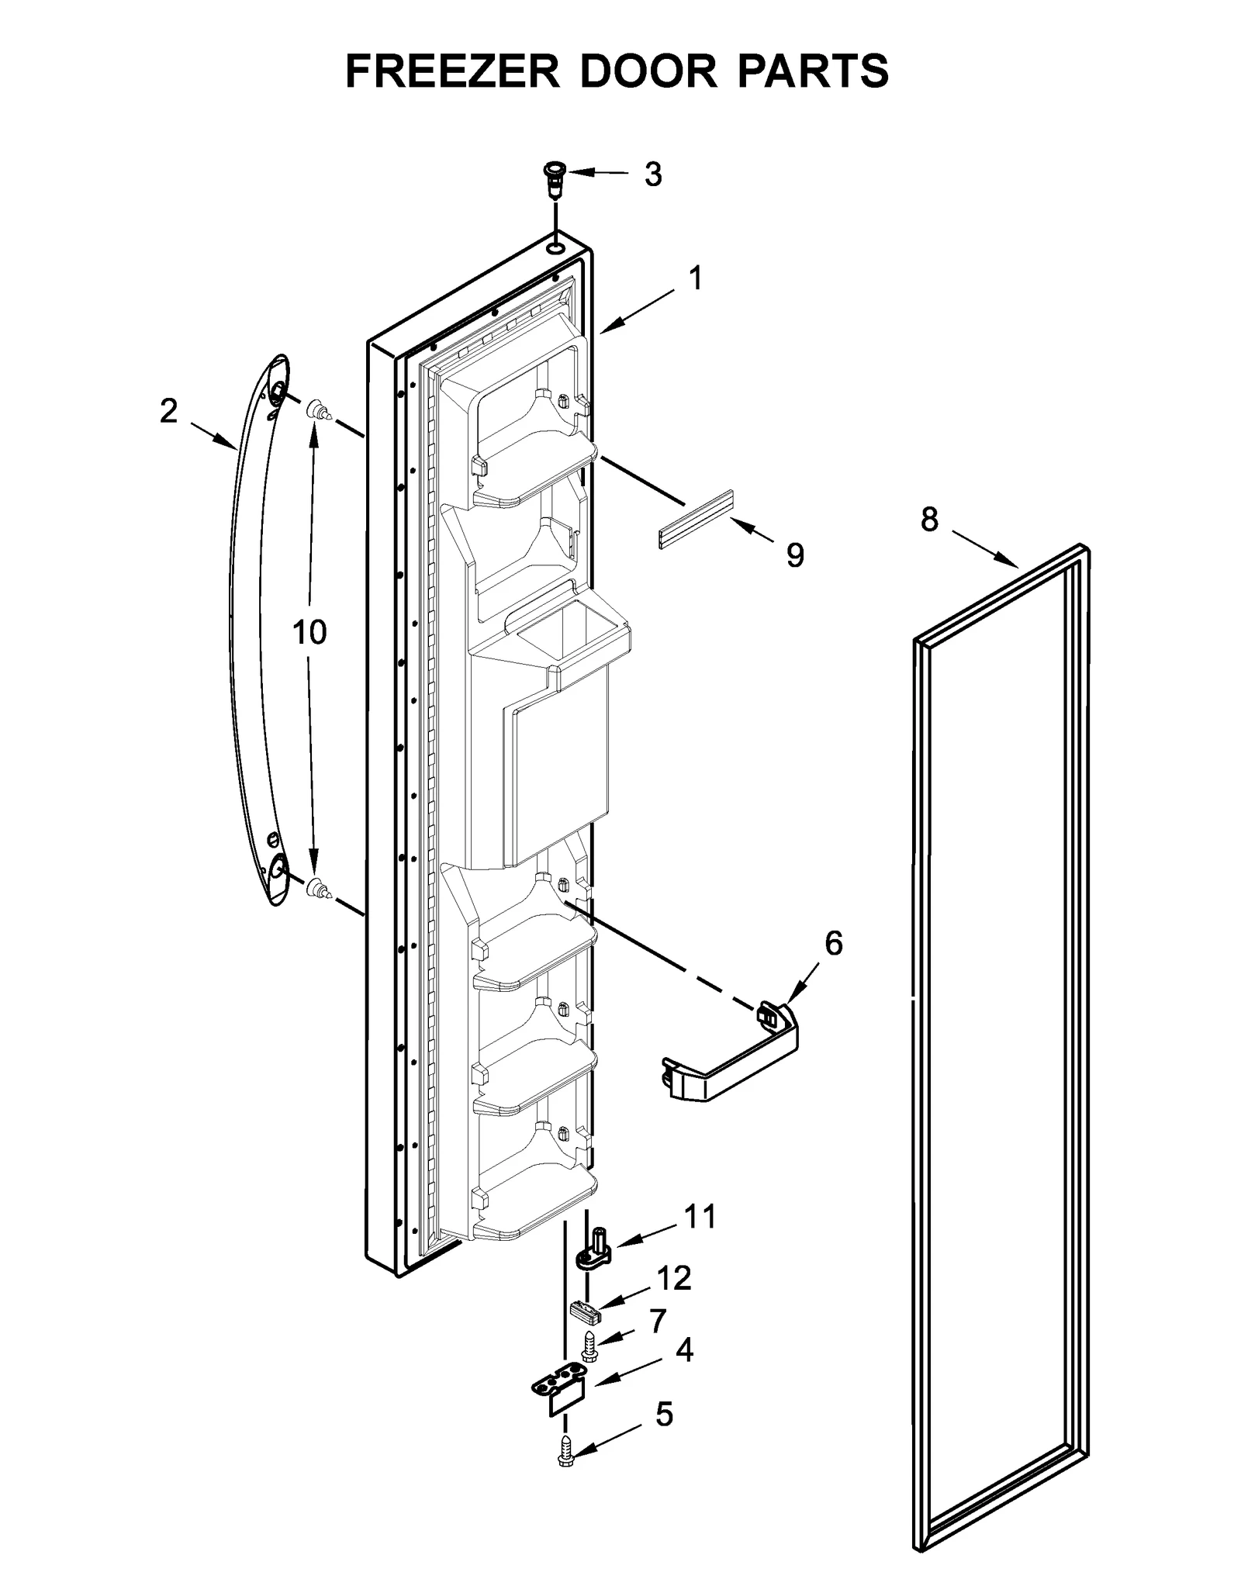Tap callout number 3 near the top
point(653,175)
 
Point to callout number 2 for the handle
point(168,411)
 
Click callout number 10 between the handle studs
point(309,632)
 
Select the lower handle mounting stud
point(318,888)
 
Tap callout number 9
point(795,555)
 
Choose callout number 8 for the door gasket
point(929,519)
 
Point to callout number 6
point(833,943)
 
